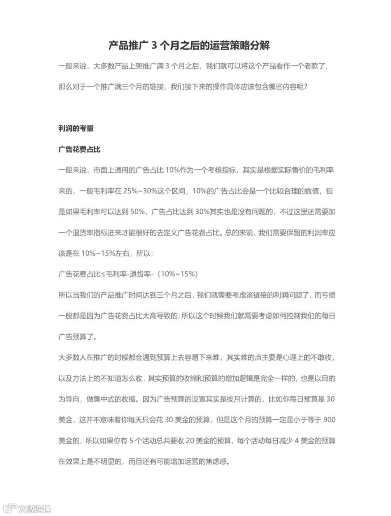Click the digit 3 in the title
click(154, 46)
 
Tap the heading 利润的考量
click(76, 128)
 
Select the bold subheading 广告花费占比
click(79, 149)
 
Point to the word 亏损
click(328, 295)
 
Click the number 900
click(329, 420)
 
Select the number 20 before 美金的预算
click(190, 441)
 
